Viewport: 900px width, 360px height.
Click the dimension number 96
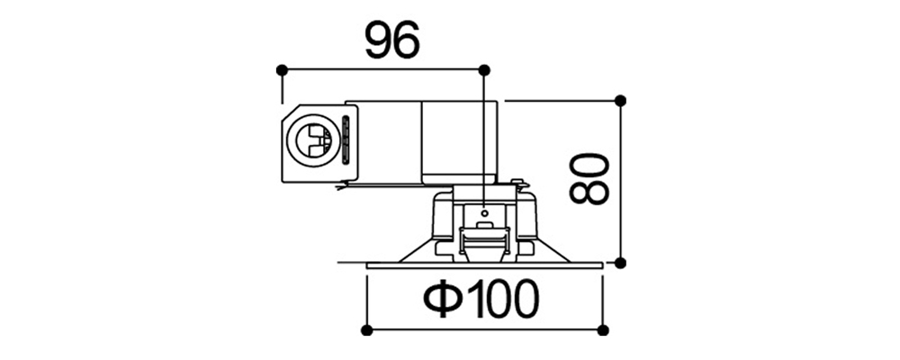(x=392, y=40)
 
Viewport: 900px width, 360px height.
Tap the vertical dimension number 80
(x=589, y=178)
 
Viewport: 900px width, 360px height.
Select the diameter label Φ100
(x=481, y=299)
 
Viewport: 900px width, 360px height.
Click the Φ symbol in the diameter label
(x=443, y=300)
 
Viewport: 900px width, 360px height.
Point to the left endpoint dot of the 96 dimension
(x=281, y=70)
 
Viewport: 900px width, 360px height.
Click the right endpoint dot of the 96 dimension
(x=484, y=70)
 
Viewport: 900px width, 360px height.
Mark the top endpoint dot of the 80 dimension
(x=620, y=101)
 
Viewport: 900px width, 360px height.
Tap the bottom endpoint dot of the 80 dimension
(x=620, y=263)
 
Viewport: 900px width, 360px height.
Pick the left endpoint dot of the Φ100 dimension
(x=367, y=330)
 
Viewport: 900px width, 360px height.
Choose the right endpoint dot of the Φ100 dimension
(x=603, y=330)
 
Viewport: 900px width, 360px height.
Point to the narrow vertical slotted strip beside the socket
(x=346, y=140)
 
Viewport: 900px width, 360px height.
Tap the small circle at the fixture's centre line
(x=484, y=213)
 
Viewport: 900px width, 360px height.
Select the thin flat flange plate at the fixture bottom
(x=484, y=265)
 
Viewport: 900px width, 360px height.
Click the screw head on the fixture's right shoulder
(x=519, y=183)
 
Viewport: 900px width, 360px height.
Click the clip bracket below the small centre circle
(x=484, y=238)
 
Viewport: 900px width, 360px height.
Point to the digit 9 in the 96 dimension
(x=379, y=40)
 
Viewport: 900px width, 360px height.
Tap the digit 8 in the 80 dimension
(x=589, y=193)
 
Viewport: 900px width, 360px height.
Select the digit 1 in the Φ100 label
(x=473, y=299)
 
